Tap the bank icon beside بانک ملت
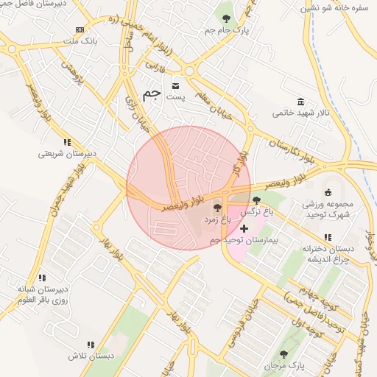pos(80,30)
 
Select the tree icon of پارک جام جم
pos(225,18)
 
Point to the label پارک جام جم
pos(226,30)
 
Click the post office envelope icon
pos(175,84)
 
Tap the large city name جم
pos(152,94)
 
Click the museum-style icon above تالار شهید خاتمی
pos(300,102)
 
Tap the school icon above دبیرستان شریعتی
pos(66,142)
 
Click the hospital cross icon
pos(244,229)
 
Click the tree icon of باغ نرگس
pos(256,200)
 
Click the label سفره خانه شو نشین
pos(336,8)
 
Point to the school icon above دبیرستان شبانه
pos(42,278)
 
